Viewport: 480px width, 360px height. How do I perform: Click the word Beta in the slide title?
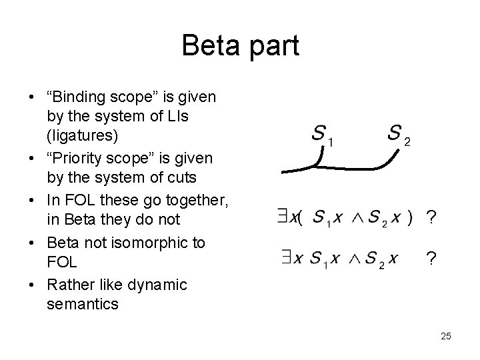pos(209,46)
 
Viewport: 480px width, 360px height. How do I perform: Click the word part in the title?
pos(272,47)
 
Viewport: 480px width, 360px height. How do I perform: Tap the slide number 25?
pos(445,335)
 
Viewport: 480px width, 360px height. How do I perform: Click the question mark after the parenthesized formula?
pos(431,218)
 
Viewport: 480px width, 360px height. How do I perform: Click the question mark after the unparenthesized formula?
pos(431,259)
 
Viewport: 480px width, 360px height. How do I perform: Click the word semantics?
pos(83,305)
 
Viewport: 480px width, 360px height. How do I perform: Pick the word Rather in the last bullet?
pos(69,285)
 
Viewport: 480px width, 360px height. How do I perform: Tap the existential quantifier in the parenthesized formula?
pos(282,216)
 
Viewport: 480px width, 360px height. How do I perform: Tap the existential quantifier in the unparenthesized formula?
pos(282,257)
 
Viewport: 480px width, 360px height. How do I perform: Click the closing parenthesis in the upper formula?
pos(411,217)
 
